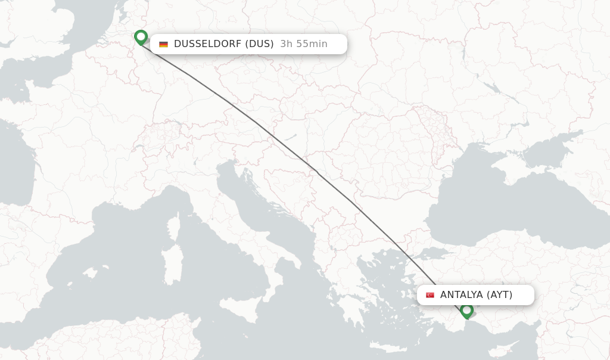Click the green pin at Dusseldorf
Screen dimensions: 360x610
(141, 38)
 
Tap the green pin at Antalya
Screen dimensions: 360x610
(466, 310)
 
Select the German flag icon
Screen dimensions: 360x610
(163, 44)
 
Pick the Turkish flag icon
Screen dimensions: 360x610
(430, 295)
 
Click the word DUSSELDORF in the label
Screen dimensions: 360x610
(207, 44)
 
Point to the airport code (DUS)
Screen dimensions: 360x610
(259, 44)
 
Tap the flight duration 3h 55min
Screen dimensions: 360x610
(304, 44)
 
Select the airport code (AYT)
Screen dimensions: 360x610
(500, 294)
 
